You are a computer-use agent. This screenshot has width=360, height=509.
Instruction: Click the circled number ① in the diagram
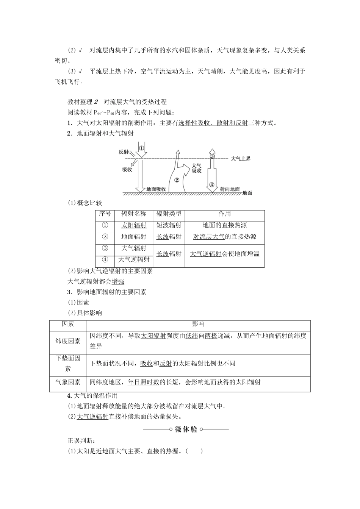pyautogui.click(x=141, y=148)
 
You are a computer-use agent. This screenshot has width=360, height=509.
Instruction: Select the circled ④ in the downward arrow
pyautogui.click(x=212, y=185)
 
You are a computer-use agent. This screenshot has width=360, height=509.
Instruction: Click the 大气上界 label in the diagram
pyautogui.click(x=241, y=158)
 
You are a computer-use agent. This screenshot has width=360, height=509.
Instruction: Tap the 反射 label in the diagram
pyautogui.click(x=124, y=151)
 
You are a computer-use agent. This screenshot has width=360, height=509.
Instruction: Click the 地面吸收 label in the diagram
pyautogui.click(x=156, y=188)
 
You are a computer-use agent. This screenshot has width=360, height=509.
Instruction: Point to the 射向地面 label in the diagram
pyautogui.click(x=230, y=188)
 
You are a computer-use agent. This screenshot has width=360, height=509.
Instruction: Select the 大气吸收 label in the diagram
pyautogui.click(x=196, y=168)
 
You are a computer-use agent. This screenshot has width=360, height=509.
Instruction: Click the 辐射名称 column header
pyautogui.click(x=134, y=214)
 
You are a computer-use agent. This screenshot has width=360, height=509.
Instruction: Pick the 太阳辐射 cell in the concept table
pyautogui.click(x=134, y=225)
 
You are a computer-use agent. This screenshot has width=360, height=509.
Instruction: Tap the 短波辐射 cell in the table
pyautogui.click(x=169, y=225)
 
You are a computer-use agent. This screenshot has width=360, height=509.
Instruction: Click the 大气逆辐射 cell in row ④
pyautogui.click(x=134, y=259)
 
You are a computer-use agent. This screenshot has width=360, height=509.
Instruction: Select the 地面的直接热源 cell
pyautogui.click(x=224, y=225)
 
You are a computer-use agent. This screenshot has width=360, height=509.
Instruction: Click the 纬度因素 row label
pyautogui.click(x=68, y=341)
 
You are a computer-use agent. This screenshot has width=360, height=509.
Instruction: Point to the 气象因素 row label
pyautogui.click(x=68, y=382)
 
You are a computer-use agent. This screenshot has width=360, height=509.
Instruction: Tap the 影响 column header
pyautogui.click(x=198, y=324)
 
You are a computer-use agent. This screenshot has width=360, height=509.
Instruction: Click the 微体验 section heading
pyautogui.click(x=186, y=429)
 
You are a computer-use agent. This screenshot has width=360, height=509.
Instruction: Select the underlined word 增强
pyautogui.click(x=118, y=281)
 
